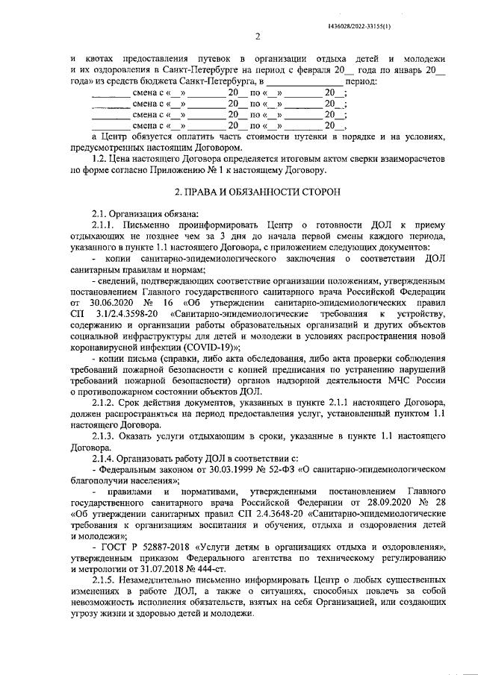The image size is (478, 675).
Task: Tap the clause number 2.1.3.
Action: (x=105, y=437)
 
